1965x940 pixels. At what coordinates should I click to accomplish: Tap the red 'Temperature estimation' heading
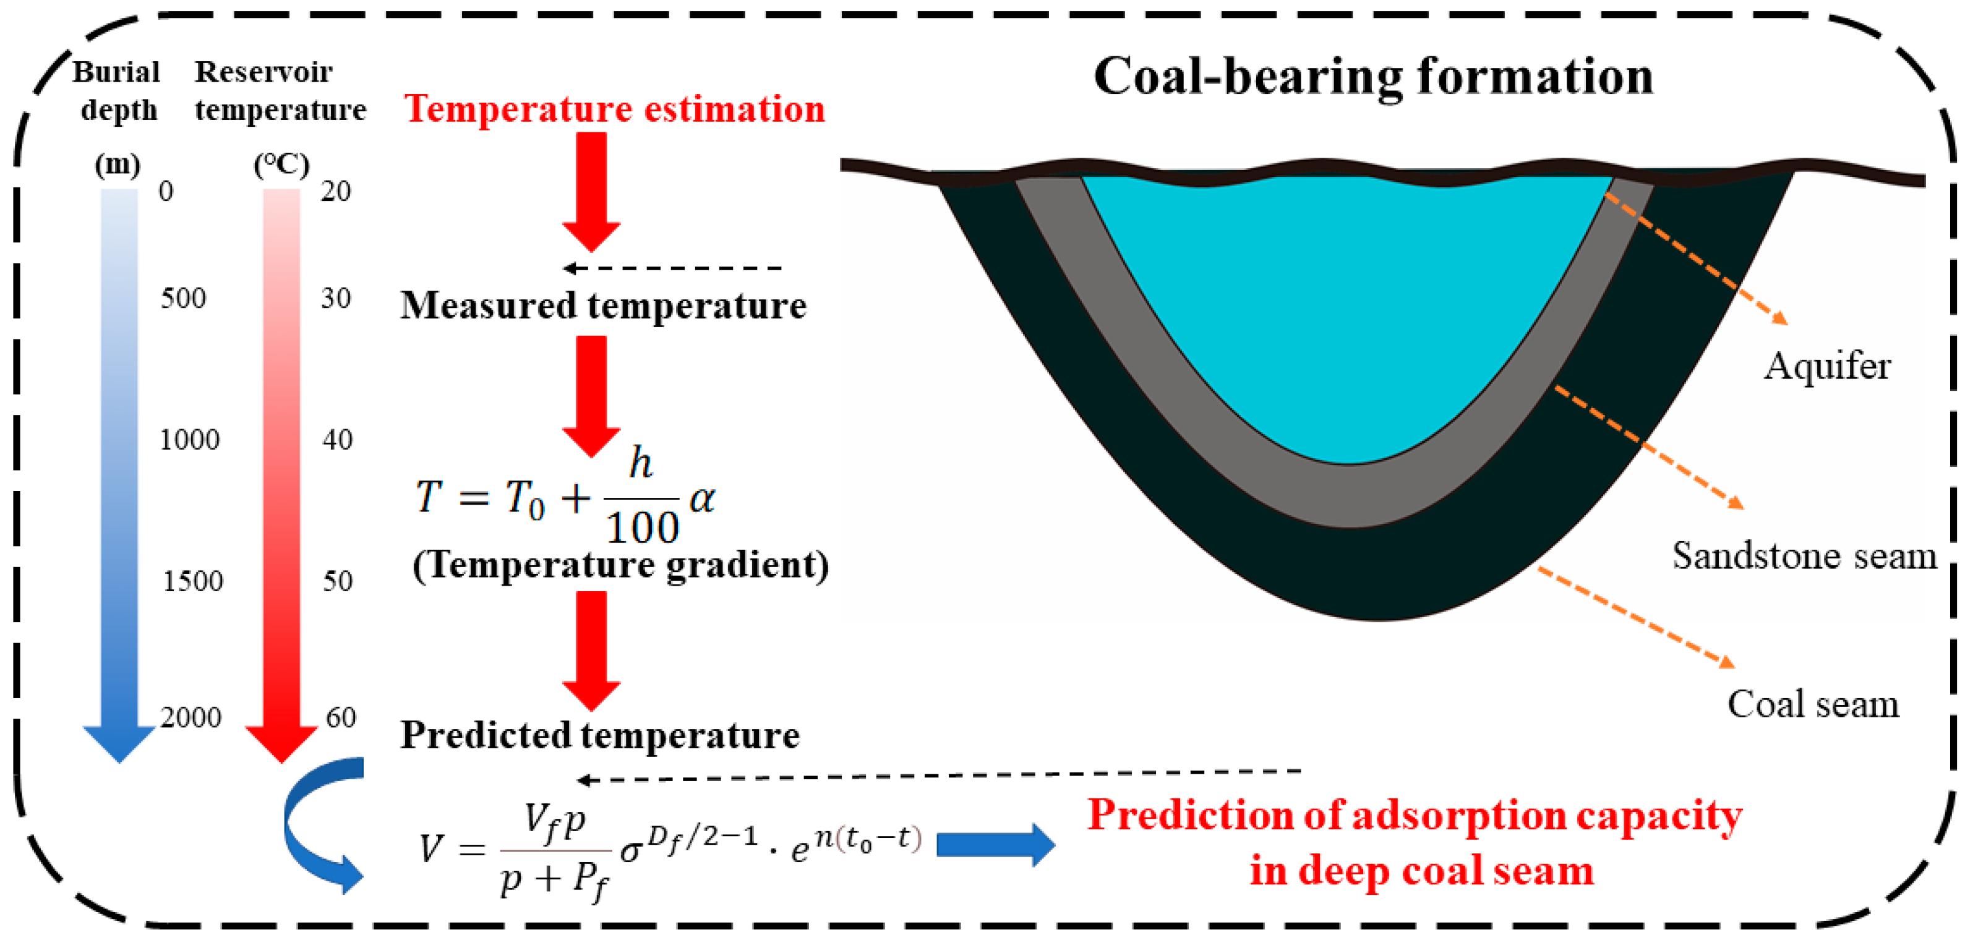tap(614, 108)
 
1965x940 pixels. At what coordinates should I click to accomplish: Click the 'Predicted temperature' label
tap(601, 735)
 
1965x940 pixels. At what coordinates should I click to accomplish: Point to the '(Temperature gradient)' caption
tap(620, 565)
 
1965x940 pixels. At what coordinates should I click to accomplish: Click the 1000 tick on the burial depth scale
tap(189, 440)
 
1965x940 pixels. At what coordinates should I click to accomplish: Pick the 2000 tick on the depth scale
tap(191, 717)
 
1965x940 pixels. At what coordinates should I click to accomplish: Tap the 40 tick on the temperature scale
tap(337, 440)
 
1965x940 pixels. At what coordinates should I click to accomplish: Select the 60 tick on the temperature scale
tap(340, 717)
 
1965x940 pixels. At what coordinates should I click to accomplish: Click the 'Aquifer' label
tap(1827, 366)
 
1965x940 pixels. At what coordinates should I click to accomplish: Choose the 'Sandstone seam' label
tap(1804, 555)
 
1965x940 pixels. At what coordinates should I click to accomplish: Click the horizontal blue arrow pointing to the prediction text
tap(995, 845)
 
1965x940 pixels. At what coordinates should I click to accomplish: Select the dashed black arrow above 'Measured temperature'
tap(671, 268)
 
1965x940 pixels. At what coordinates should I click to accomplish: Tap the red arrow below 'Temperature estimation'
tap(591, 190)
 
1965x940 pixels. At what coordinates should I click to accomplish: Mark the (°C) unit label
tap(281, 163)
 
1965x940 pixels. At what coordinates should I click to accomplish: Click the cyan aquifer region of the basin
tap(1346, 305)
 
